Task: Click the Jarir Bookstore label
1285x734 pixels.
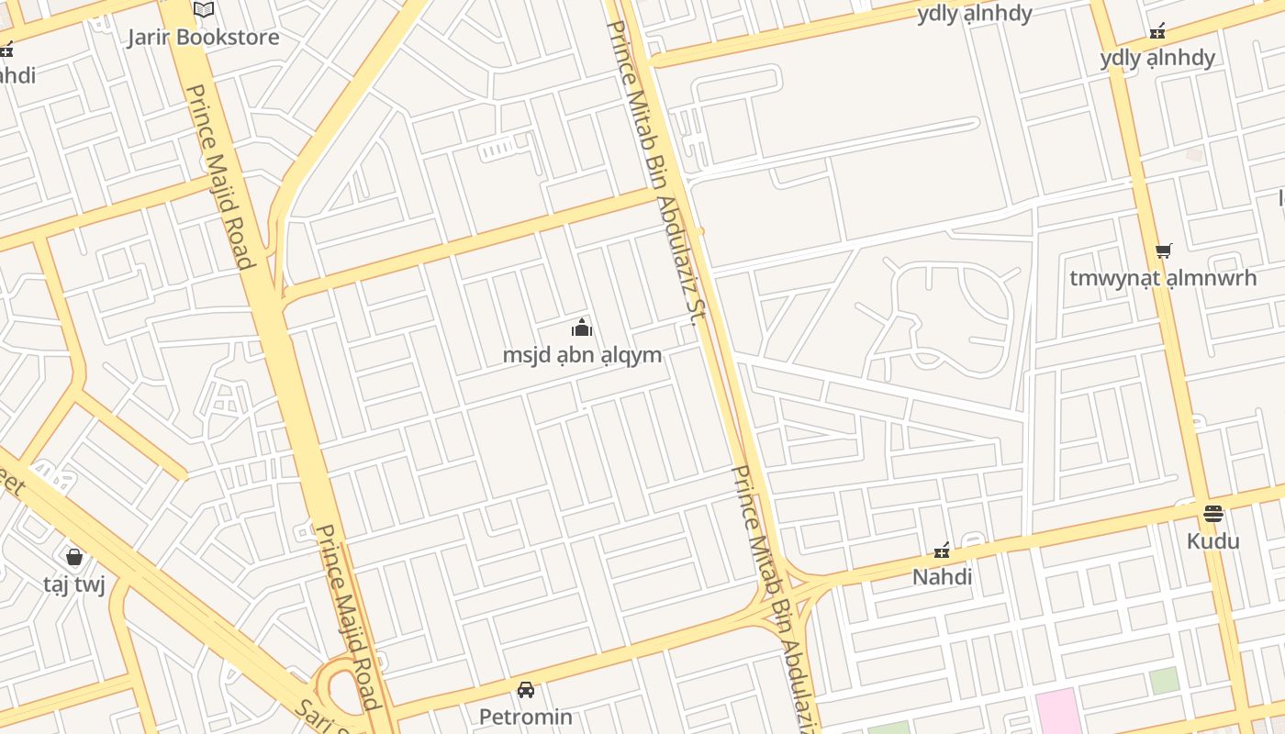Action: point(203,38)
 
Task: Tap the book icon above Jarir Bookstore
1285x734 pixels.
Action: point(203,10)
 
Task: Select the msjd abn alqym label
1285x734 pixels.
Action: point(582,355)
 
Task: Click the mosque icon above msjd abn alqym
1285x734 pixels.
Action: point(582,328)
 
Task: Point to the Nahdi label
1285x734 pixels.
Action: point(942,577)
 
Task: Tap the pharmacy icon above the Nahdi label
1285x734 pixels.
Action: point(942,550)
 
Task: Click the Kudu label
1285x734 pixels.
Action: point(1212,540)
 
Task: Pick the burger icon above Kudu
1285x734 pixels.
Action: point(1212,513)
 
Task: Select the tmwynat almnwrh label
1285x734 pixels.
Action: point(1163,278)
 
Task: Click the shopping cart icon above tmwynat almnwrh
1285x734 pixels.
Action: point(1163,250)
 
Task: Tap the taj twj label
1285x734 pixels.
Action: point(74,584)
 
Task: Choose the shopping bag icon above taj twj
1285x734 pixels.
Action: point(74,557)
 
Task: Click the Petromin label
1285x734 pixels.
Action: point(526,717)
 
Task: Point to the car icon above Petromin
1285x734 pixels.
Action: point(526,689)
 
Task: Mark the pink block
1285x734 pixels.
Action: point(1057,712)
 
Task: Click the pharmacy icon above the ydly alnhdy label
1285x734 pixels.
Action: point(1157,31)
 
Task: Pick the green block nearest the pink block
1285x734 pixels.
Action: point(1164,681)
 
